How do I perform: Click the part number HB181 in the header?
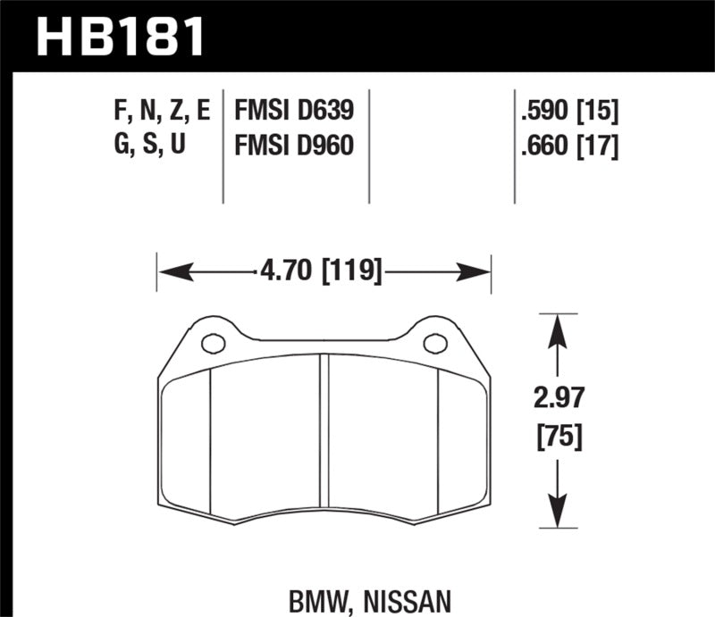[x=121, y=37]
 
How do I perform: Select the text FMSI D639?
[x=294, y=112]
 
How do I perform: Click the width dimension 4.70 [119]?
[x=324, y=270]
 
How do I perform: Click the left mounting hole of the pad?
[x=213, y=343]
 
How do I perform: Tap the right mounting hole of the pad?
[x=434, y=343]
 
